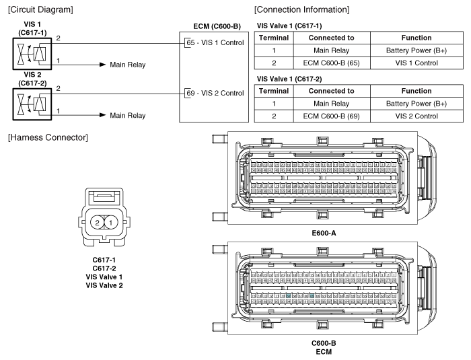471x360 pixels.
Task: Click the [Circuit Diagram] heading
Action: coord(34,9)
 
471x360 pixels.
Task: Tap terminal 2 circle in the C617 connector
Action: coord(98,221)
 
